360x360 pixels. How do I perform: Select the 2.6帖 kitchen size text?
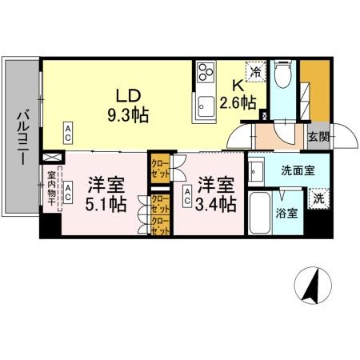click(238, 102)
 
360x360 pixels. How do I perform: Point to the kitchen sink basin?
click(206, 103)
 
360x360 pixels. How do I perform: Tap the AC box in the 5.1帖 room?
click(70, 191)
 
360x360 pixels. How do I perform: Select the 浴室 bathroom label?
click(287, 214)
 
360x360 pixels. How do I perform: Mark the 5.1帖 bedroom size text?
click(106, 205)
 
